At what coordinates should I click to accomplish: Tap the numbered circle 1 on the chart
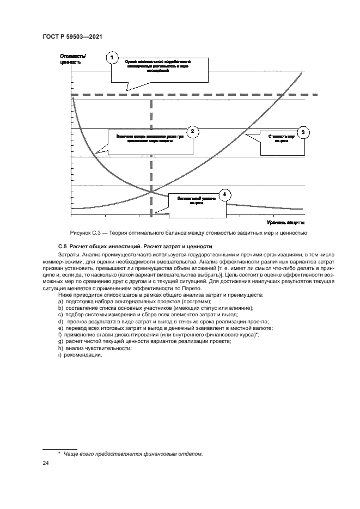coord(112,58)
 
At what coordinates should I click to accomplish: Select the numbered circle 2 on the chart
coord(192,131)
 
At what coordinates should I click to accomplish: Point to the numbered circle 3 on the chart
coord(304,131)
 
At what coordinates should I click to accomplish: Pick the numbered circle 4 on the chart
coord(224,194)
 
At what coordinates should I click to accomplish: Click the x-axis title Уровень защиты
coord(285,223)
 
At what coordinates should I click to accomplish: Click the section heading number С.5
coord(62,247)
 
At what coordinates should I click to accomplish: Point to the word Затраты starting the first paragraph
coord(68,254)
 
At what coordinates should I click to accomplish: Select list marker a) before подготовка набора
coord(60,302)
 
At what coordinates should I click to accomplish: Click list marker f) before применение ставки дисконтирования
coord(59,335)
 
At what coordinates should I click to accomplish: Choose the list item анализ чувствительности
coord(92,348)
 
